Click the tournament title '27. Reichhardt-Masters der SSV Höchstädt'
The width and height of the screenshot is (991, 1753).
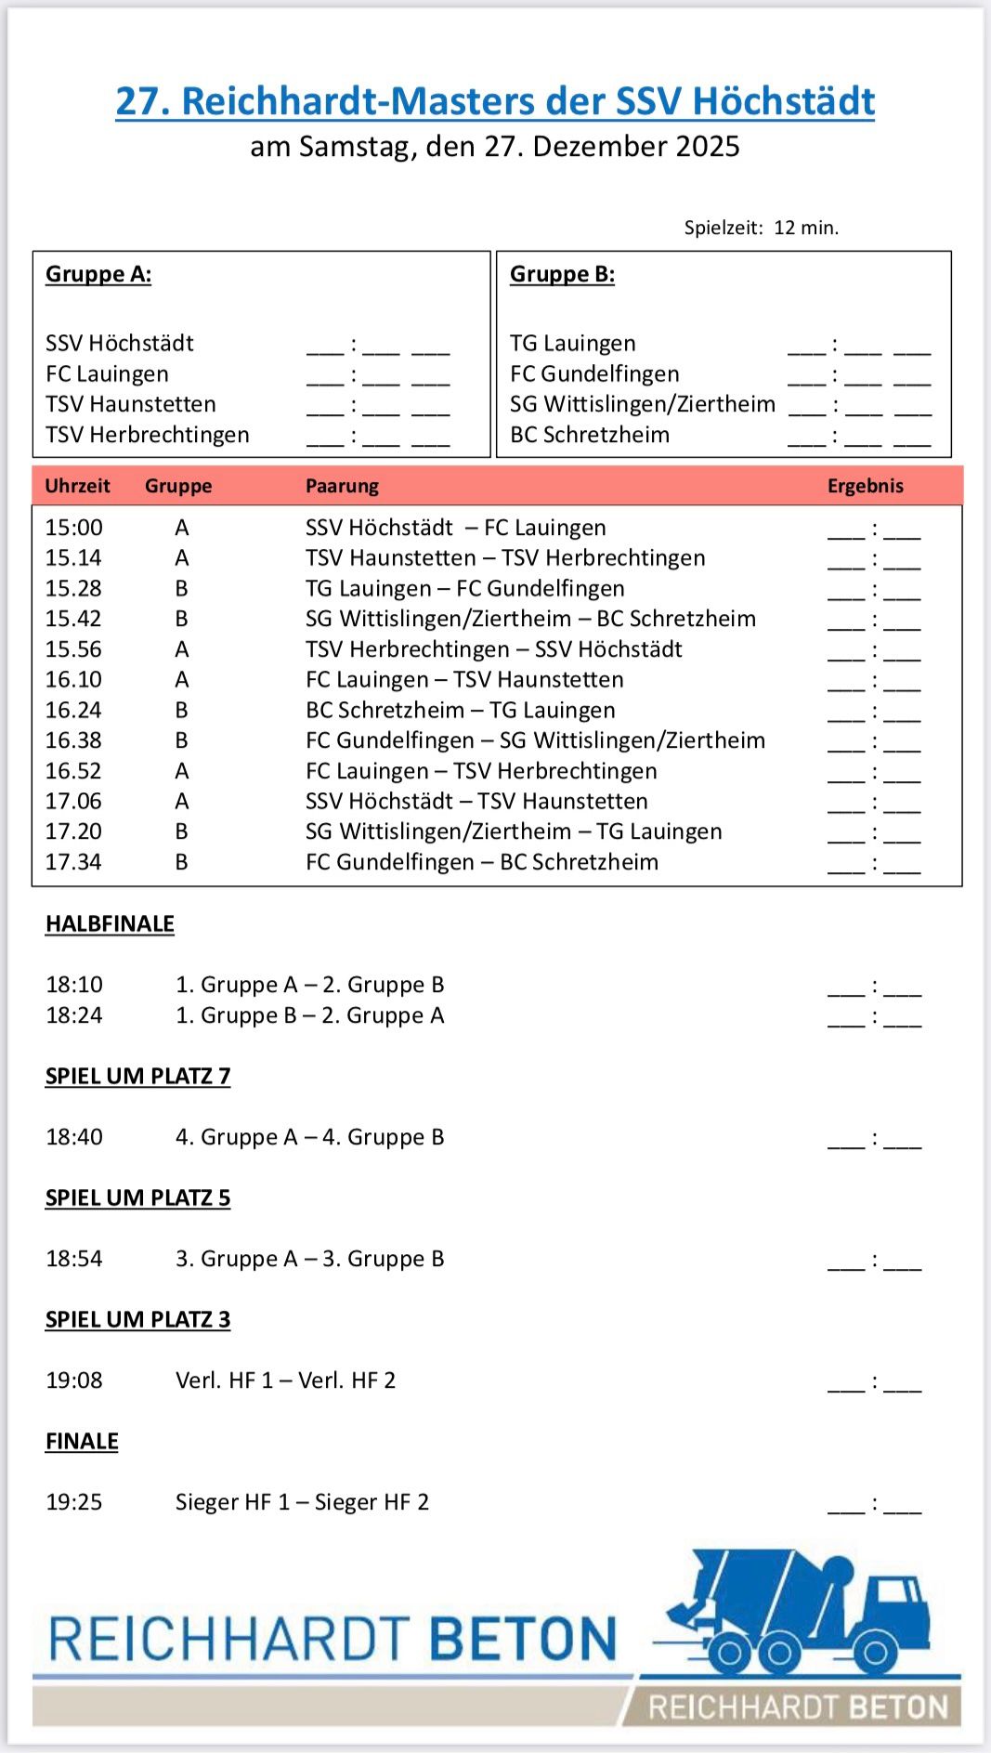495,101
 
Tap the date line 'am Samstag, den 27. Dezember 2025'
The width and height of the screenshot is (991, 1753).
495,147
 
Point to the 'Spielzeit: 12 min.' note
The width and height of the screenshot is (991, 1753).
761,228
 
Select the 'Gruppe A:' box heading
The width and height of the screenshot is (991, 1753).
98,274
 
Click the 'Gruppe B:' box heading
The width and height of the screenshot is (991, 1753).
562,274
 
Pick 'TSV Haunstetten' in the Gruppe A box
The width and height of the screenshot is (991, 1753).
131,404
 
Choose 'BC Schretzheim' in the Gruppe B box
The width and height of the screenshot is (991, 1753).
590,435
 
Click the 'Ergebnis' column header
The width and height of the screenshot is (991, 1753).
865,486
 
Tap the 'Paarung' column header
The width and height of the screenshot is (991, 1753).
342,486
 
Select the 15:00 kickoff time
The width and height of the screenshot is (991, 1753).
74,528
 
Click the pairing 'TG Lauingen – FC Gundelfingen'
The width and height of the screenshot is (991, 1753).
464,588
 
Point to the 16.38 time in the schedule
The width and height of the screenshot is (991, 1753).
73,740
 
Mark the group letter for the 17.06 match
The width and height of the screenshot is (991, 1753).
182,801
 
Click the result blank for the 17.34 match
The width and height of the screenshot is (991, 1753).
874,864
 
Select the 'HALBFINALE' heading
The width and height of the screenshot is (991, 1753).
110,924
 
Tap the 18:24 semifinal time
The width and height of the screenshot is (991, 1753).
74,1015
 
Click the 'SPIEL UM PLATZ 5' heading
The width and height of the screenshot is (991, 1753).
137,1198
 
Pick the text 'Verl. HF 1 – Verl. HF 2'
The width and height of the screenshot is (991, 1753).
285,1380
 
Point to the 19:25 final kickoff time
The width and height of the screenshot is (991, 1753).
74,1502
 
